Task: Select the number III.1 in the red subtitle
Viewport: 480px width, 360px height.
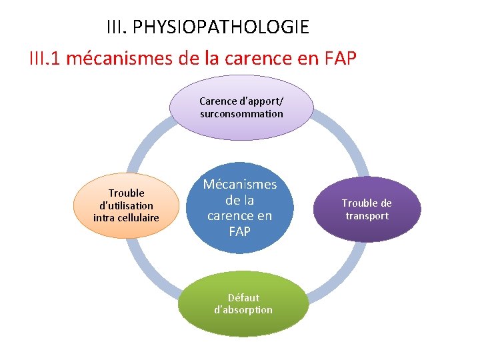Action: click(x=47, y=59)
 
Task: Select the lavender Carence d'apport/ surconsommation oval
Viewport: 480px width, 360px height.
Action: click(x=241, y=108)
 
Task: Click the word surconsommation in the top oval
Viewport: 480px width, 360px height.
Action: click(x=241, y=114)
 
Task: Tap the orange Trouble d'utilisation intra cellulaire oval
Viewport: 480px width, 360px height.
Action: click(x=126, y=205)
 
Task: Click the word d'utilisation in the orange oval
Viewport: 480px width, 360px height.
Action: click(x=126, y=205)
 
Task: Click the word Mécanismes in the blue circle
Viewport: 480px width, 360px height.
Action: click(x=240, y=185)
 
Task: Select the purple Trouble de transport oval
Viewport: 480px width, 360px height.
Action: click(x=367, y=209)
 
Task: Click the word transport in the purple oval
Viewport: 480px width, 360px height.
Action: click(x=367, y=216)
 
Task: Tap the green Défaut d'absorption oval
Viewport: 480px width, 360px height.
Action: click(x=243, y=303)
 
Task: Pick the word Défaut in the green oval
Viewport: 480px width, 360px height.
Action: click(x=243, y=297)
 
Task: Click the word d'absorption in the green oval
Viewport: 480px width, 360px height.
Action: click(x=243, y=310)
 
